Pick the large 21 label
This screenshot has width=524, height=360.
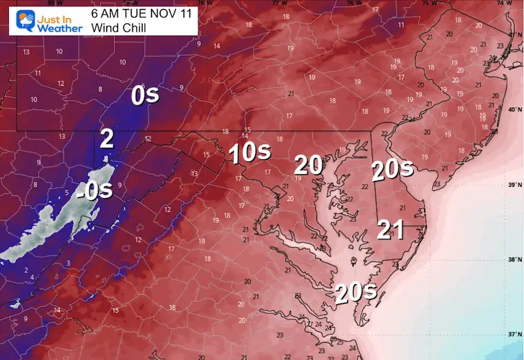(x=390, y=230)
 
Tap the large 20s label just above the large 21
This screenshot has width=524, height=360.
(x=392, y=169)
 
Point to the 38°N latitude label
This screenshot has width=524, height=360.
(x=514, y=260)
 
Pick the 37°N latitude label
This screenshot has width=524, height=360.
(x=514, y=334)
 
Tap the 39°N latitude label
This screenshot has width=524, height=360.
(x=514, y=185)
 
